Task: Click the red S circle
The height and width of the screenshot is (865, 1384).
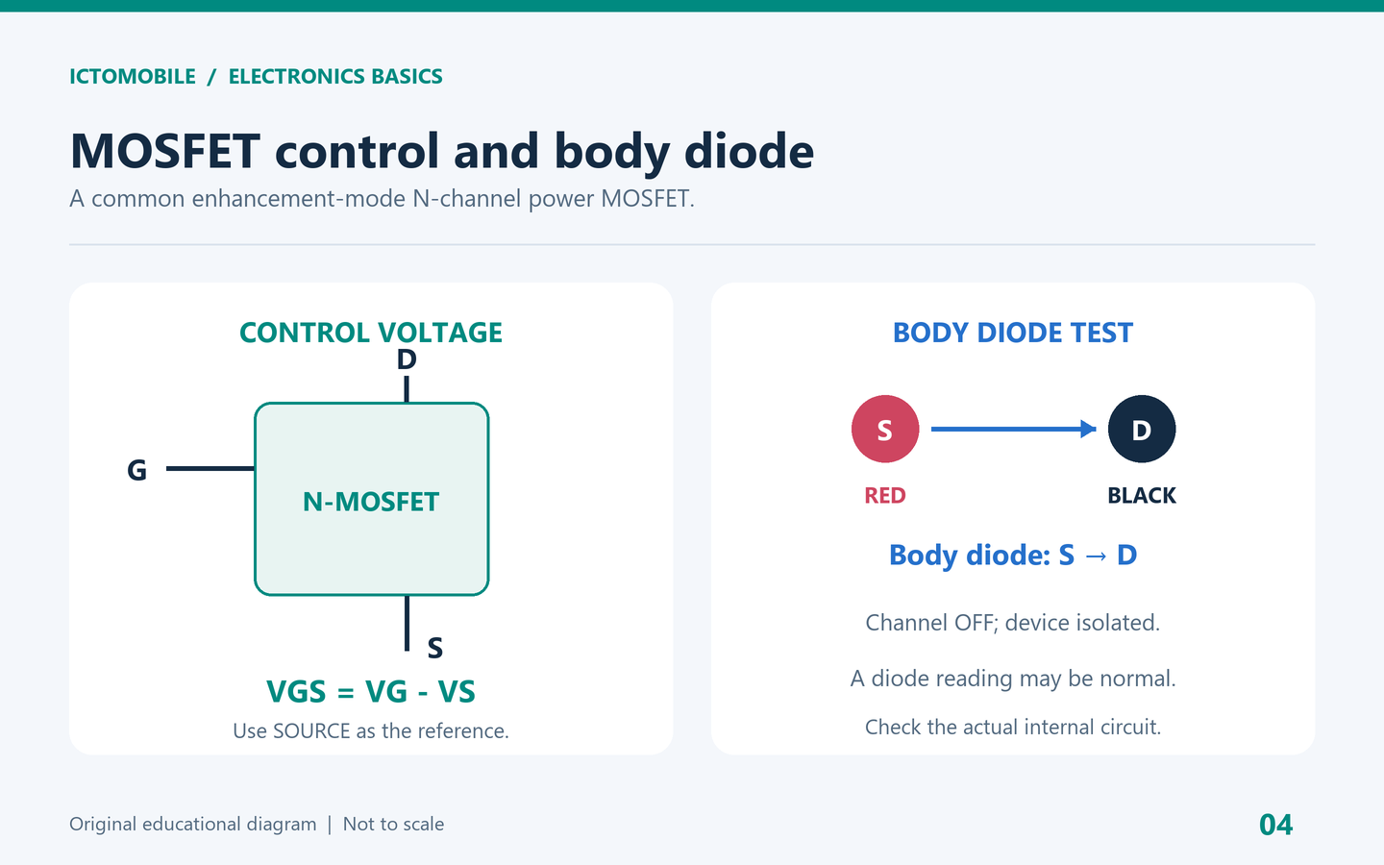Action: [885, 429]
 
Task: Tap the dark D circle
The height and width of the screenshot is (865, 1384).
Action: [1141, 429]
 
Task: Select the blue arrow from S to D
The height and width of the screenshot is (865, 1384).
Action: [1013, 429]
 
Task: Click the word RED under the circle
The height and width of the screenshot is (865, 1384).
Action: [885, 496]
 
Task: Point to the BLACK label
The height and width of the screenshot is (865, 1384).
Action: [1141, 496]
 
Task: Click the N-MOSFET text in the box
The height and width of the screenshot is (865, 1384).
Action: [371, 502]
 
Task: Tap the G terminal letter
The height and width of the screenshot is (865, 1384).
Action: [136, 470]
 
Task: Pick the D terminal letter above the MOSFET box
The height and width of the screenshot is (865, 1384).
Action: [407, 359]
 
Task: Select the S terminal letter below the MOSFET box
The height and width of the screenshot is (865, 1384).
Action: [435, 648]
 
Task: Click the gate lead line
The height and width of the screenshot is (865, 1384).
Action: [210, 468]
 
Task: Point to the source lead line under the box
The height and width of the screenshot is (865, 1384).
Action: [407, 623]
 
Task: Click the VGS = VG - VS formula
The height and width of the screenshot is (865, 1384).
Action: [371, 691]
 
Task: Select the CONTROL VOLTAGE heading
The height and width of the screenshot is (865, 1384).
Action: [371, 333]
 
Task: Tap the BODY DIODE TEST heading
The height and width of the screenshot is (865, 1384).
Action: [1013, 333]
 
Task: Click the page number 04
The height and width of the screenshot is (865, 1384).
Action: [1276, 825]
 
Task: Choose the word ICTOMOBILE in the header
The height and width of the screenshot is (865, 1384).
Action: [133, 77]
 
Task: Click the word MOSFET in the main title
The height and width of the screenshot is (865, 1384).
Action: [165, 151]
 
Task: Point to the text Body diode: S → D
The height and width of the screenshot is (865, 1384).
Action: [1013, 555]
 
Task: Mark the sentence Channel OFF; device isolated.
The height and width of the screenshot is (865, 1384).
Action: [1013, 623]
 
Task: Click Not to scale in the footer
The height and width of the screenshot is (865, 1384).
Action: [394, 825]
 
